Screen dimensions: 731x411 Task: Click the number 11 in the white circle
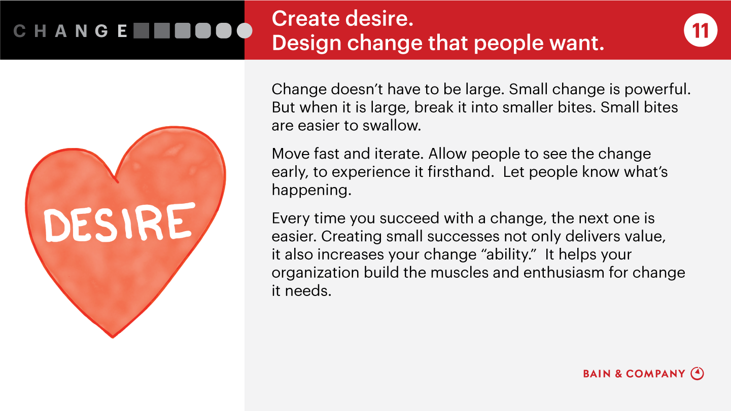click(x=700, y=30)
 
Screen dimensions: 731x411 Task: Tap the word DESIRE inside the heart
click(x=119, y=222)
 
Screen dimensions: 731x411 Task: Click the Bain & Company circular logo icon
click(x=697, y=373)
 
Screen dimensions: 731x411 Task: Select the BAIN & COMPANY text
click(x=634, y=374)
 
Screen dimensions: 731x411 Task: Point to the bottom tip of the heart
click(x=113, y=338)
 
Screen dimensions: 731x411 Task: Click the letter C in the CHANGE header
click(x=19, y=31)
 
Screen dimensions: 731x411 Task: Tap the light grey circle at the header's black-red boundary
click(x=245, y=30)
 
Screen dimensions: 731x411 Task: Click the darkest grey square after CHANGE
click(x=142, y=30)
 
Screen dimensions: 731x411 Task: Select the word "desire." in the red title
click(x=379, y=19)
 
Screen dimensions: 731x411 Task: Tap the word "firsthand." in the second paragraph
click(x=461, y=172)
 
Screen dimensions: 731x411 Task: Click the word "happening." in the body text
click(x=311, y=191)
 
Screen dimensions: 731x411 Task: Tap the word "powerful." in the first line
click(x=657, y=90)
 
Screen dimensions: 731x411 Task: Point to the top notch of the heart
click(x=116, y=179)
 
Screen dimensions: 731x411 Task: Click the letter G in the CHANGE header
click(x=101, y=31)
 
